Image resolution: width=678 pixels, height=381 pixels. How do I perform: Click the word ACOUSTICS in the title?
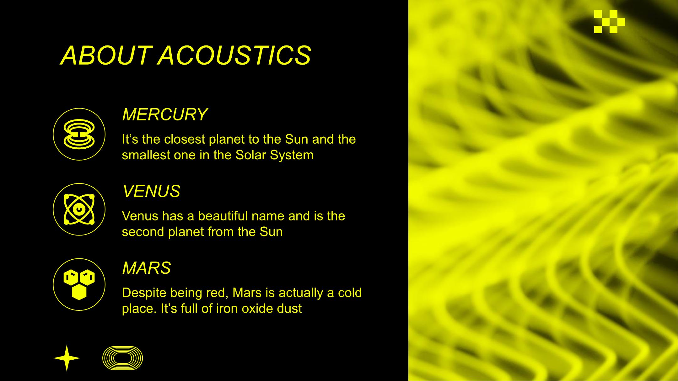point(234,56)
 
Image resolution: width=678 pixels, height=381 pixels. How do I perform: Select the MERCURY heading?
point(165,114)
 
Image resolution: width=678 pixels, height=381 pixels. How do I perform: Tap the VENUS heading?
point(151,191)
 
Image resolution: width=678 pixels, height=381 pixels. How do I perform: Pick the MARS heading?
point(147,268)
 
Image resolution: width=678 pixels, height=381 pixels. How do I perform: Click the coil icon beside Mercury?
point(79,134)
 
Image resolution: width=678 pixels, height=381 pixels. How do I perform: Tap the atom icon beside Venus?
point(79,209)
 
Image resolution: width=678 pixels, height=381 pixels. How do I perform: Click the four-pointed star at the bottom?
point(67,358)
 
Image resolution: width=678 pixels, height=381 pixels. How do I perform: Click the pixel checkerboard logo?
point(610,22)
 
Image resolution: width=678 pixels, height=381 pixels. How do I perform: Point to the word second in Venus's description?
point(143,232)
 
